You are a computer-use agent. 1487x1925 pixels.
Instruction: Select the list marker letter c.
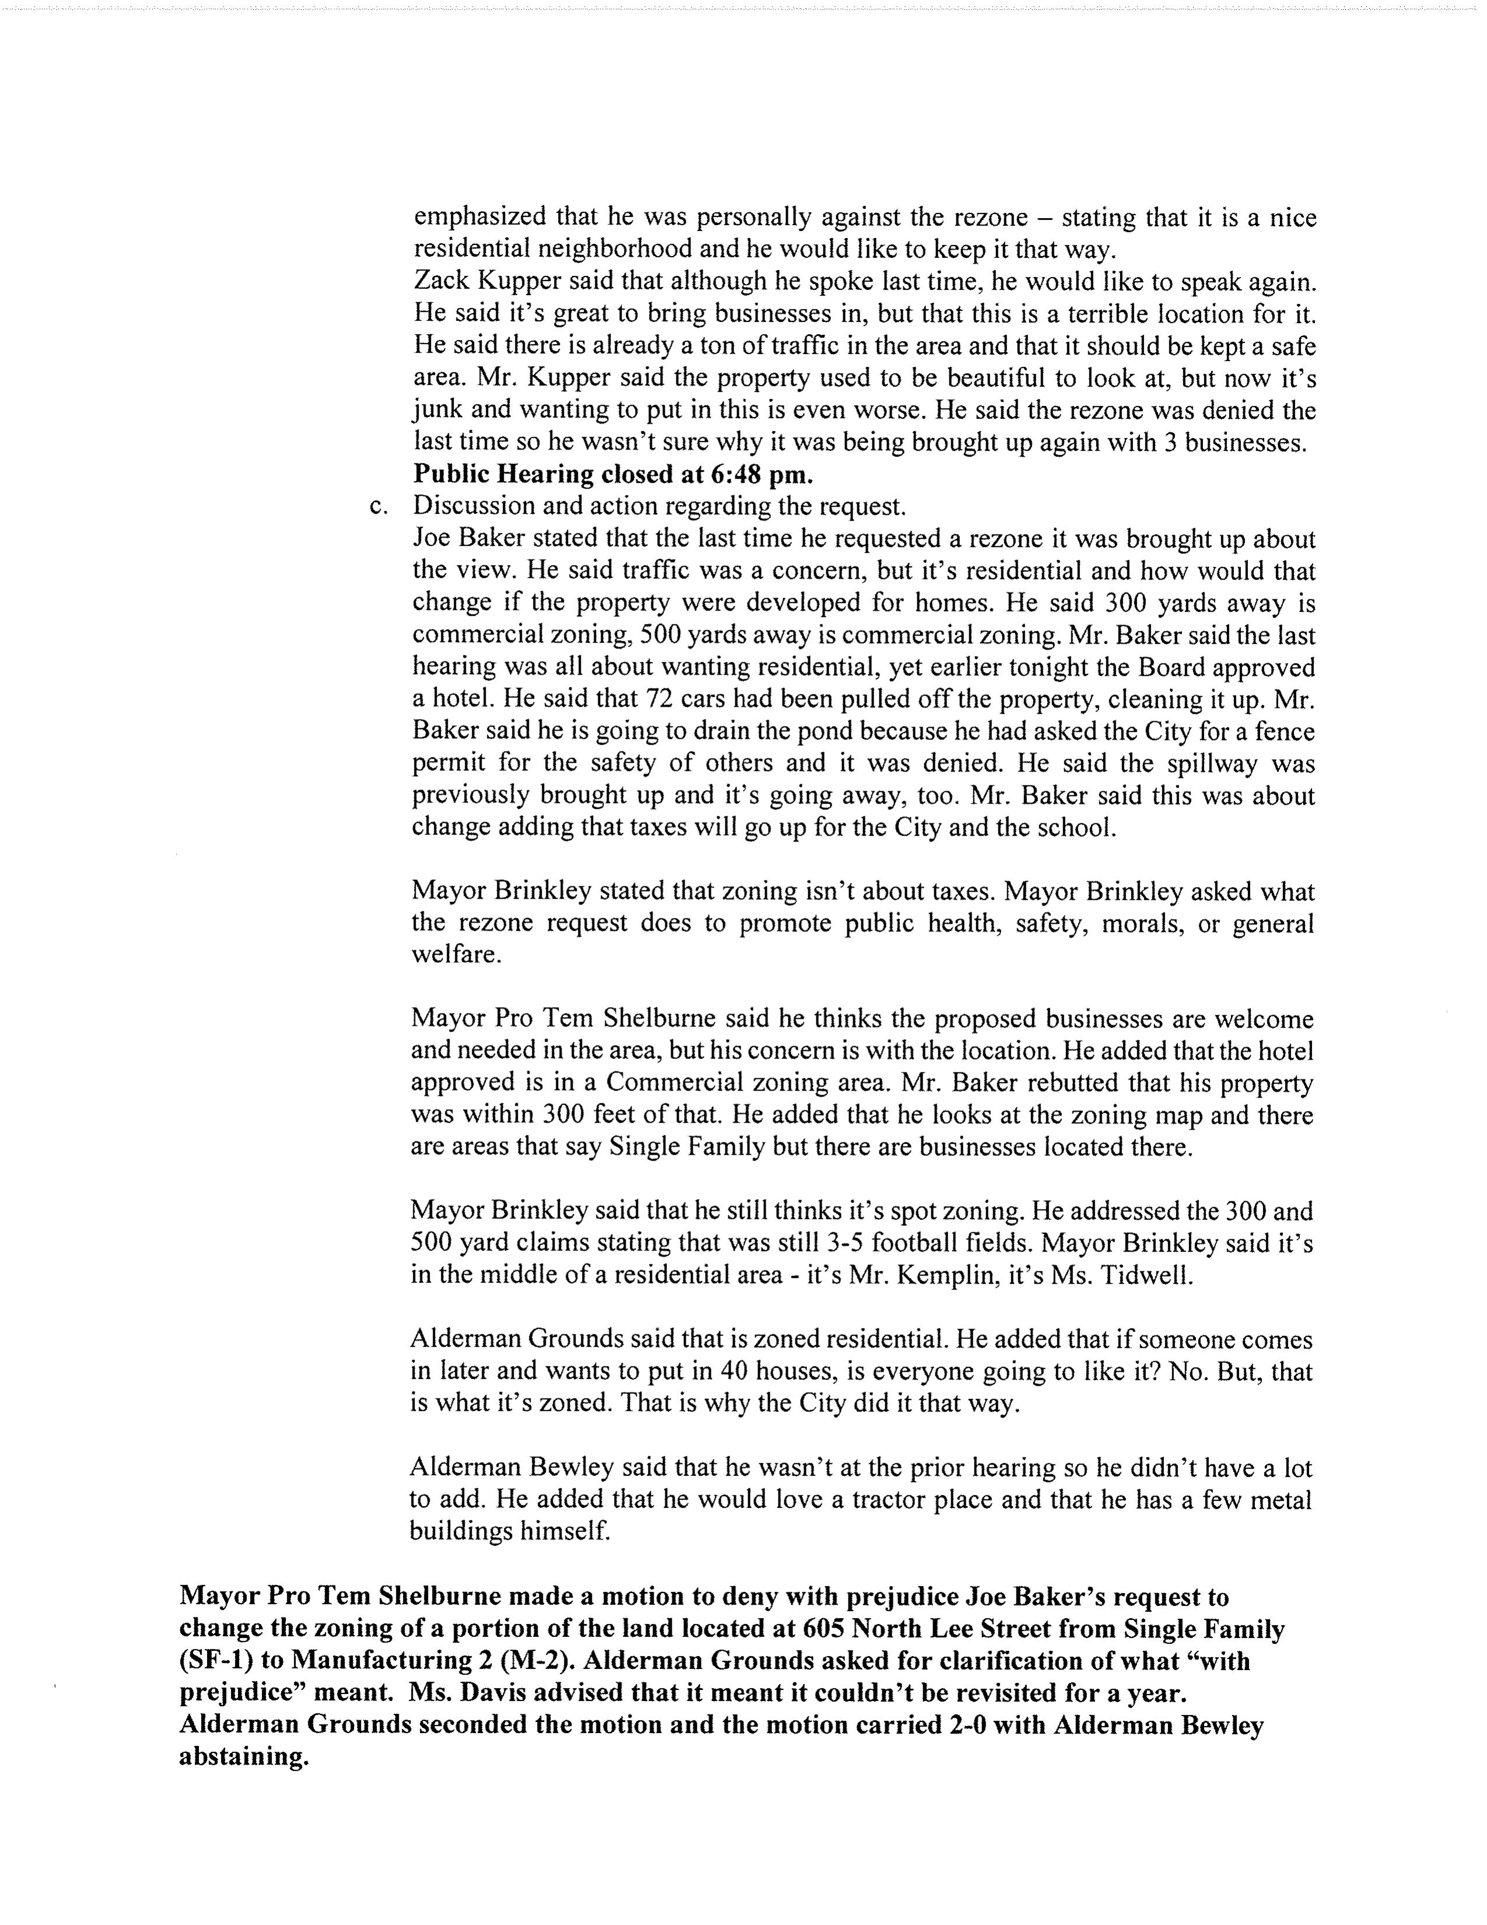coord(379,508)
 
